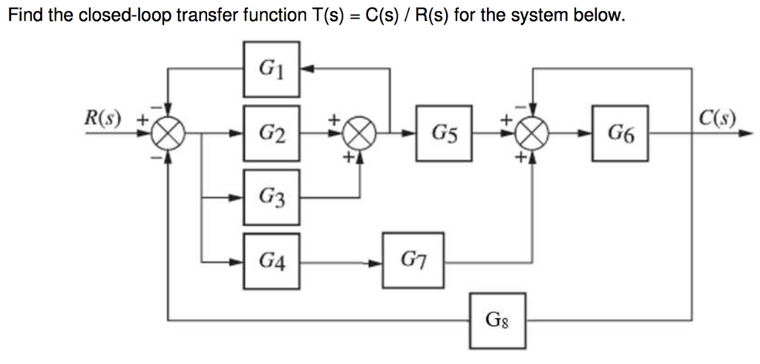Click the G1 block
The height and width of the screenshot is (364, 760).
coord(272,69)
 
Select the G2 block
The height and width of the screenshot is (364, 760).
coord(272,134)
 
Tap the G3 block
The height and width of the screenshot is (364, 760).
coord(272,197)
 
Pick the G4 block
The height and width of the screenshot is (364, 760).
coord(272,261)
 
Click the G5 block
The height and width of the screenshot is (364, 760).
coord(443,134)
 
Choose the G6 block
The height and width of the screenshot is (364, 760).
coord(620,134)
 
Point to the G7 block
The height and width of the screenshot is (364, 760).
coord(413,261)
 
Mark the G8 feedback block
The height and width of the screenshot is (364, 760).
coord(497,320)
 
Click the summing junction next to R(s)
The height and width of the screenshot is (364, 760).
coord(168,134)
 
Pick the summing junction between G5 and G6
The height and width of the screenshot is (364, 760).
coord(531,134)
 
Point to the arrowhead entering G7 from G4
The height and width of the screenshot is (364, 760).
coord(377,261)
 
